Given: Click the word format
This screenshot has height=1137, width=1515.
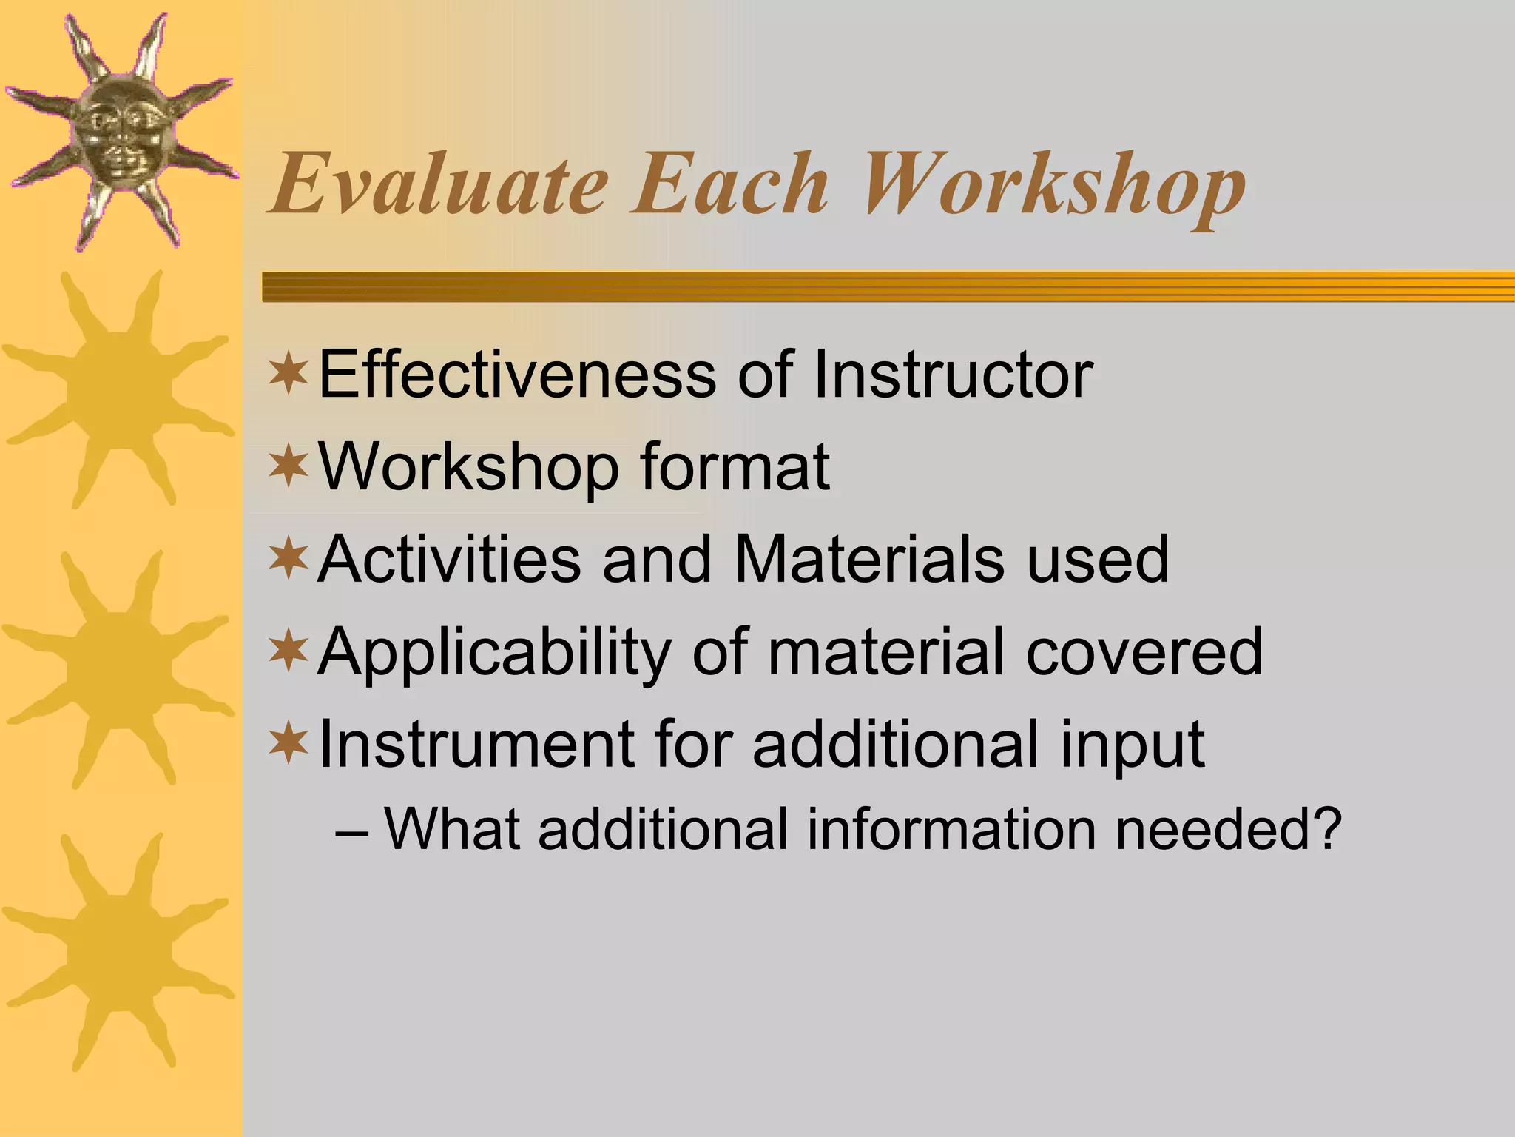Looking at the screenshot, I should [735, 468].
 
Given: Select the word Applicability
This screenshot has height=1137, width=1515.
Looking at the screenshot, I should [494, 653].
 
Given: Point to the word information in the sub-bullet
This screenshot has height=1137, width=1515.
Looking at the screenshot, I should [951, 829].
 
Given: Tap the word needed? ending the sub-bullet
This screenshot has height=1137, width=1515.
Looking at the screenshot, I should [1228, 829].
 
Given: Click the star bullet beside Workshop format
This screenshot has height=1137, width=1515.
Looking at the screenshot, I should [289, 466].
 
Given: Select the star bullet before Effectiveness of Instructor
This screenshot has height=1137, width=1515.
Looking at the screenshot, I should [289, 373].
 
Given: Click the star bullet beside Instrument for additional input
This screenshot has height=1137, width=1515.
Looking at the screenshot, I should [289, 743].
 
